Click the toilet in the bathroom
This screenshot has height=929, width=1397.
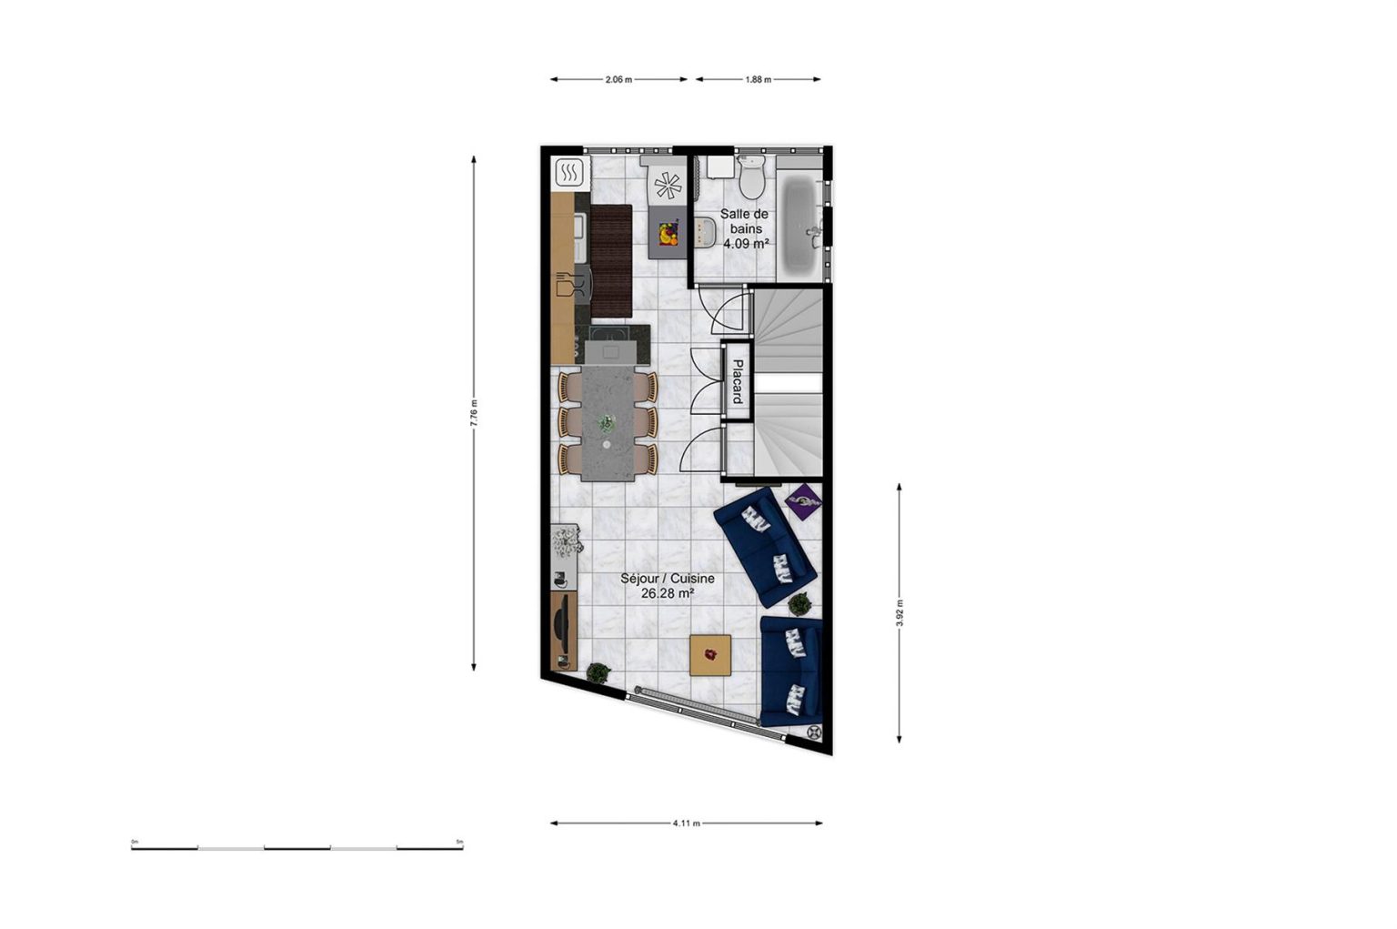click(751, 176)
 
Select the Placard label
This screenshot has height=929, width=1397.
click(738, 381)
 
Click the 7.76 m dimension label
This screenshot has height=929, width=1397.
click(473, 412)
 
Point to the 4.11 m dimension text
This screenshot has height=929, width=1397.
click(686, 823)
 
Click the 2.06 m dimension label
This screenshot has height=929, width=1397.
click(618, 79)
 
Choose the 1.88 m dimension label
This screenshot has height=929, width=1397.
click(758, 79)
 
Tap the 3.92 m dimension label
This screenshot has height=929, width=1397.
click(899, 612)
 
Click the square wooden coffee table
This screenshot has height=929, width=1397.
click(710, 655)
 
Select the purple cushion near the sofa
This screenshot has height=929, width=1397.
click(803, 502)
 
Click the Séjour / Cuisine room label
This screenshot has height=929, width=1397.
click(668, 579)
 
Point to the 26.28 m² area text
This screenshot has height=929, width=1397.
click(668, 594)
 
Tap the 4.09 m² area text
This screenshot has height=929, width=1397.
click(746, 244)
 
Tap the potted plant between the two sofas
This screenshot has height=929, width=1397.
click(799, 604)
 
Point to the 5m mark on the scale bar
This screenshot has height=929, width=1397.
click(459, 842)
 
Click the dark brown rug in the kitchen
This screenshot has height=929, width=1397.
click(611, 261)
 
